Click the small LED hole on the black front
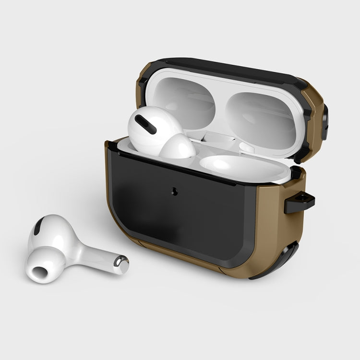point(174,191)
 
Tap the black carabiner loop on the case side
point(299,204)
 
